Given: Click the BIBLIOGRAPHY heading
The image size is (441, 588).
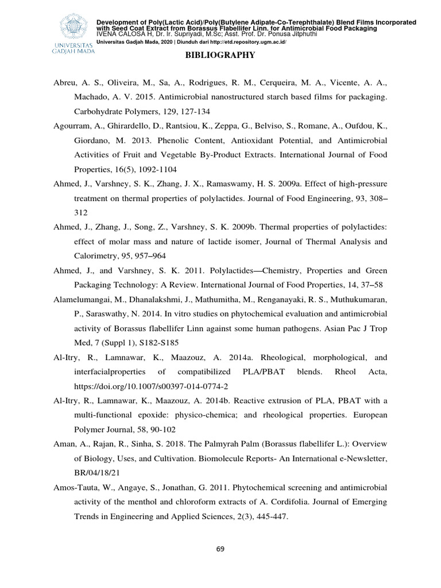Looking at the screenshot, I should tap(220, 56).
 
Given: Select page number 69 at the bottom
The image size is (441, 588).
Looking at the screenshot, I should tap(220, 549).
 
